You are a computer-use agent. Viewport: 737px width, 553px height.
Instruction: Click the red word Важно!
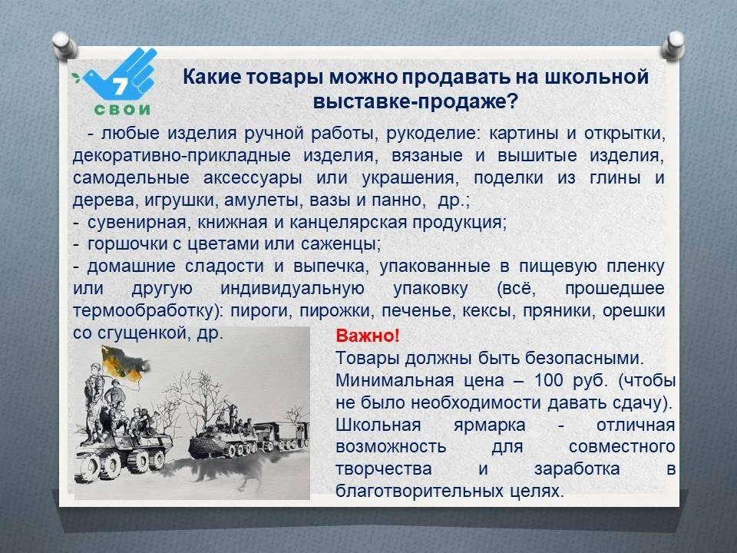click(368, 336)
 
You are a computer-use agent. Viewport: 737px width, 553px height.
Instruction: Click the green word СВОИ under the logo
click(122, 110)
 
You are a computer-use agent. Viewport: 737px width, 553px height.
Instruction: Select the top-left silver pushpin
click(64, 45)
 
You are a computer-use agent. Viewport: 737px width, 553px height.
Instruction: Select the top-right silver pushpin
click(673, 45)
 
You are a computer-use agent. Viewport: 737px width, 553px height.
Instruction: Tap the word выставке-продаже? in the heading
click(415, 101)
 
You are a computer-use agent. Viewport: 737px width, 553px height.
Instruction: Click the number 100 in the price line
click(548, 380)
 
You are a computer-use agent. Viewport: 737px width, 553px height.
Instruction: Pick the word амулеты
click(264, 200)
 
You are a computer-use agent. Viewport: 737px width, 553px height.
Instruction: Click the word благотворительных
click(420, 492)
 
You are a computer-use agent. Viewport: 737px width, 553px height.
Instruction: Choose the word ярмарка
click(489, 425)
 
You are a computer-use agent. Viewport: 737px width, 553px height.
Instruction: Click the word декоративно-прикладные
click(181, 156)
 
